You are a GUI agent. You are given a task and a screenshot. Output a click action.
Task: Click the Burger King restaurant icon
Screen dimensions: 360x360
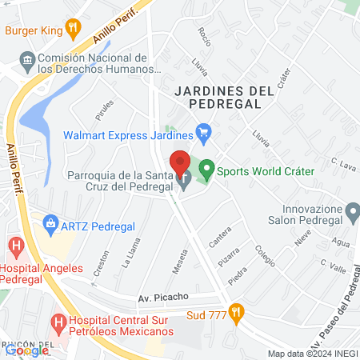[73, 31]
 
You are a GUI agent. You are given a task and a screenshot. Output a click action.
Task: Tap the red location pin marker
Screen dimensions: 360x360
[180, 165]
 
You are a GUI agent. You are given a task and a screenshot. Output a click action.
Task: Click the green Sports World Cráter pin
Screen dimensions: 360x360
[206, 170]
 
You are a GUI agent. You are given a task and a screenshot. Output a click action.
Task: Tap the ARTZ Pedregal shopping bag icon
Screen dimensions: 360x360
[51, 222]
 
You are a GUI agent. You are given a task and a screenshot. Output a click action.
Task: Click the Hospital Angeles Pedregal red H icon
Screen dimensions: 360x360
[15, 245]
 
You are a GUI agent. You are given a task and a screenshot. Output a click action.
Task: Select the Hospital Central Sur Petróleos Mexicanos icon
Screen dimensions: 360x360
[58, 324]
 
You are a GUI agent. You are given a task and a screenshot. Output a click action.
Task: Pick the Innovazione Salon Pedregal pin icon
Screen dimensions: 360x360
[353, 212]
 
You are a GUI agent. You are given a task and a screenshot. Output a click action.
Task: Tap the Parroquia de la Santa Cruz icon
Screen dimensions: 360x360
[185, 183]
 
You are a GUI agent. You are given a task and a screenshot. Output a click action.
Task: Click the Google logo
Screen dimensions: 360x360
[26, 350]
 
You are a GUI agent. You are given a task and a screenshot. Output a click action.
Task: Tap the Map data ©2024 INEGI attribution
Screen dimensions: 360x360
[311, 354]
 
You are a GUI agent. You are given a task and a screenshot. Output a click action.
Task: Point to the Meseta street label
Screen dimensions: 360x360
[180, 260]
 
